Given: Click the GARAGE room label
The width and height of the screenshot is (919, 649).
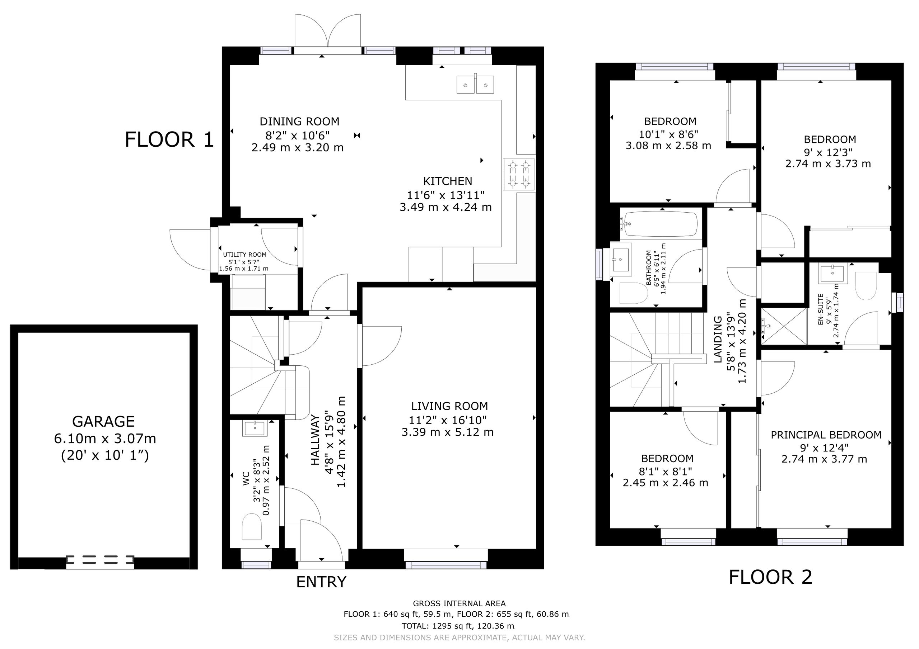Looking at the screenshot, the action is [103, 421].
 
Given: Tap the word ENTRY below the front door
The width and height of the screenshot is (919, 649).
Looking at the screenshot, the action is [321, 582].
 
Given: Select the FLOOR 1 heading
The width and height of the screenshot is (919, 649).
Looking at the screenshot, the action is [169, 139].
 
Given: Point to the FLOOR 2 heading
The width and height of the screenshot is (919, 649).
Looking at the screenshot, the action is [770, 577].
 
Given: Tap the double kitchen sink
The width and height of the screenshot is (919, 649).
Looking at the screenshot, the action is [475, 84].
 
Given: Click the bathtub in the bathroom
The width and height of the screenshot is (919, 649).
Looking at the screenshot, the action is [661, 224].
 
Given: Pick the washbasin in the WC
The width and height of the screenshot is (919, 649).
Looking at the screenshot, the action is [254, 428].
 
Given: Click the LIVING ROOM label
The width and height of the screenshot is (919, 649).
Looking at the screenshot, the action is [449, 406].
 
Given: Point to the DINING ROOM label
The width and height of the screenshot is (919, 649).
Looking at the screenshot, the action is [299, 122].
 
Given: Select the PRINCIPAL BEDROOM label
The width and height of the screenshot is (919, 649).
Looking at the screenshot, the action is [826, 435].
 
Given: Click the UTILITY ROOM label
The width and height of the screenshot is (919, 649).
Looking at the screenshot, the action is [244, 255].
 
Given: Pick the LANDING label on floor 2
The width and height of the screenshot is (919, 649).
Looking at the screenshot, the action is [718, 339].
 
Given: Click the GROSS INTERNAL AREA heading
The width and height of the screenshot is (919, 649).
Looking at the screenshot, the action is [459, 603].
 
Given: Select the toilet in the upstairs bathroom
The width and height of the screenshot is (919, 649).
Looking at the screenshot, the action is [634, 293].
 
